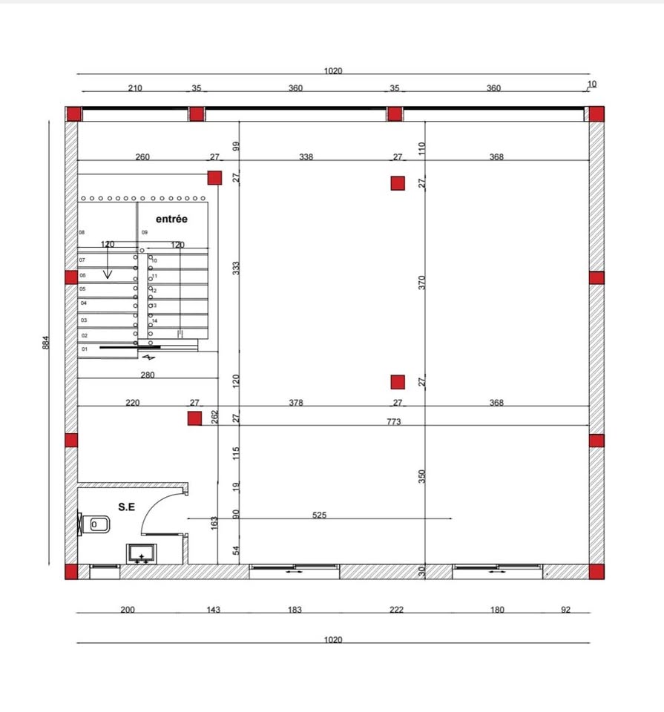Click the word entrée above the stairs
pos(171,219)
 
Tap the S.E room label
pos(126,507)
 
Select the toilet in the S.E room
pos(94,524)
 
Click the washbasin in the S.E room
pos(141,554)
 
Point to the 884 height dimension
pos(45,343)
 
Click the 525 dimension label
pos(319,515)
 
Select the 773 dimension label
pos(394,421)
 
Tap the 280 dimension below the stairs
pos(148,375)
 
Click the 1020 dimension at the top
pos(333,70)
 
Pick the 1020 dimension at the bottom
pos(333,639)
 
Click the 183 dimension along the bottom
pos(295,610)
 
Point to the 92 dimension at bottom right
pos(565,610)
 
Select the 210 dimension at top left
pos(135,88)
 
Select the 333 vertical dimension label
pos(236,268)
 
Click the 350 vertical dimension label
pos(422,476)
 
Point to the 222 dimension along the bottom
pos(396,610)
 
